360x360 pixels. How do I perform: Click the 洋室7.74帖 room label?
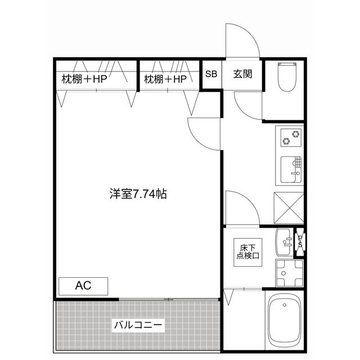pos(137,194)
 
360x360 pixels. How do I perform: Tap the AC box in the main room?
pos(83,286)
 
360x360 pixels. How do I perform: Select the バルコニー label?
pos(138,325)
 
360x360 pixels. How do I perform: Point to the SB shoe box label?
pos(211,74)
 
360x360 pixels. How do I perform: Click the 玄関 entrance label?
pos(242,74)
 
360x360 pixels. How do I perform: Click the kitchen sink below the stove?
pos(291,169)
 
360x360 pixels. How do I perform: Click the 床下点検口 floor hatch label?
pos(247,251)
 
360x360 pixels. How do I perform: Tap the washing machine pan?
pos(289,272)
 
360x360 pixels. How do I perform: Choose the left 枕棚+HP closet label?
pos(84,79)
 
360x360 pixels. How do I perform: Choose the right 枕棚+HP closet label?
pos(165,79)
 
